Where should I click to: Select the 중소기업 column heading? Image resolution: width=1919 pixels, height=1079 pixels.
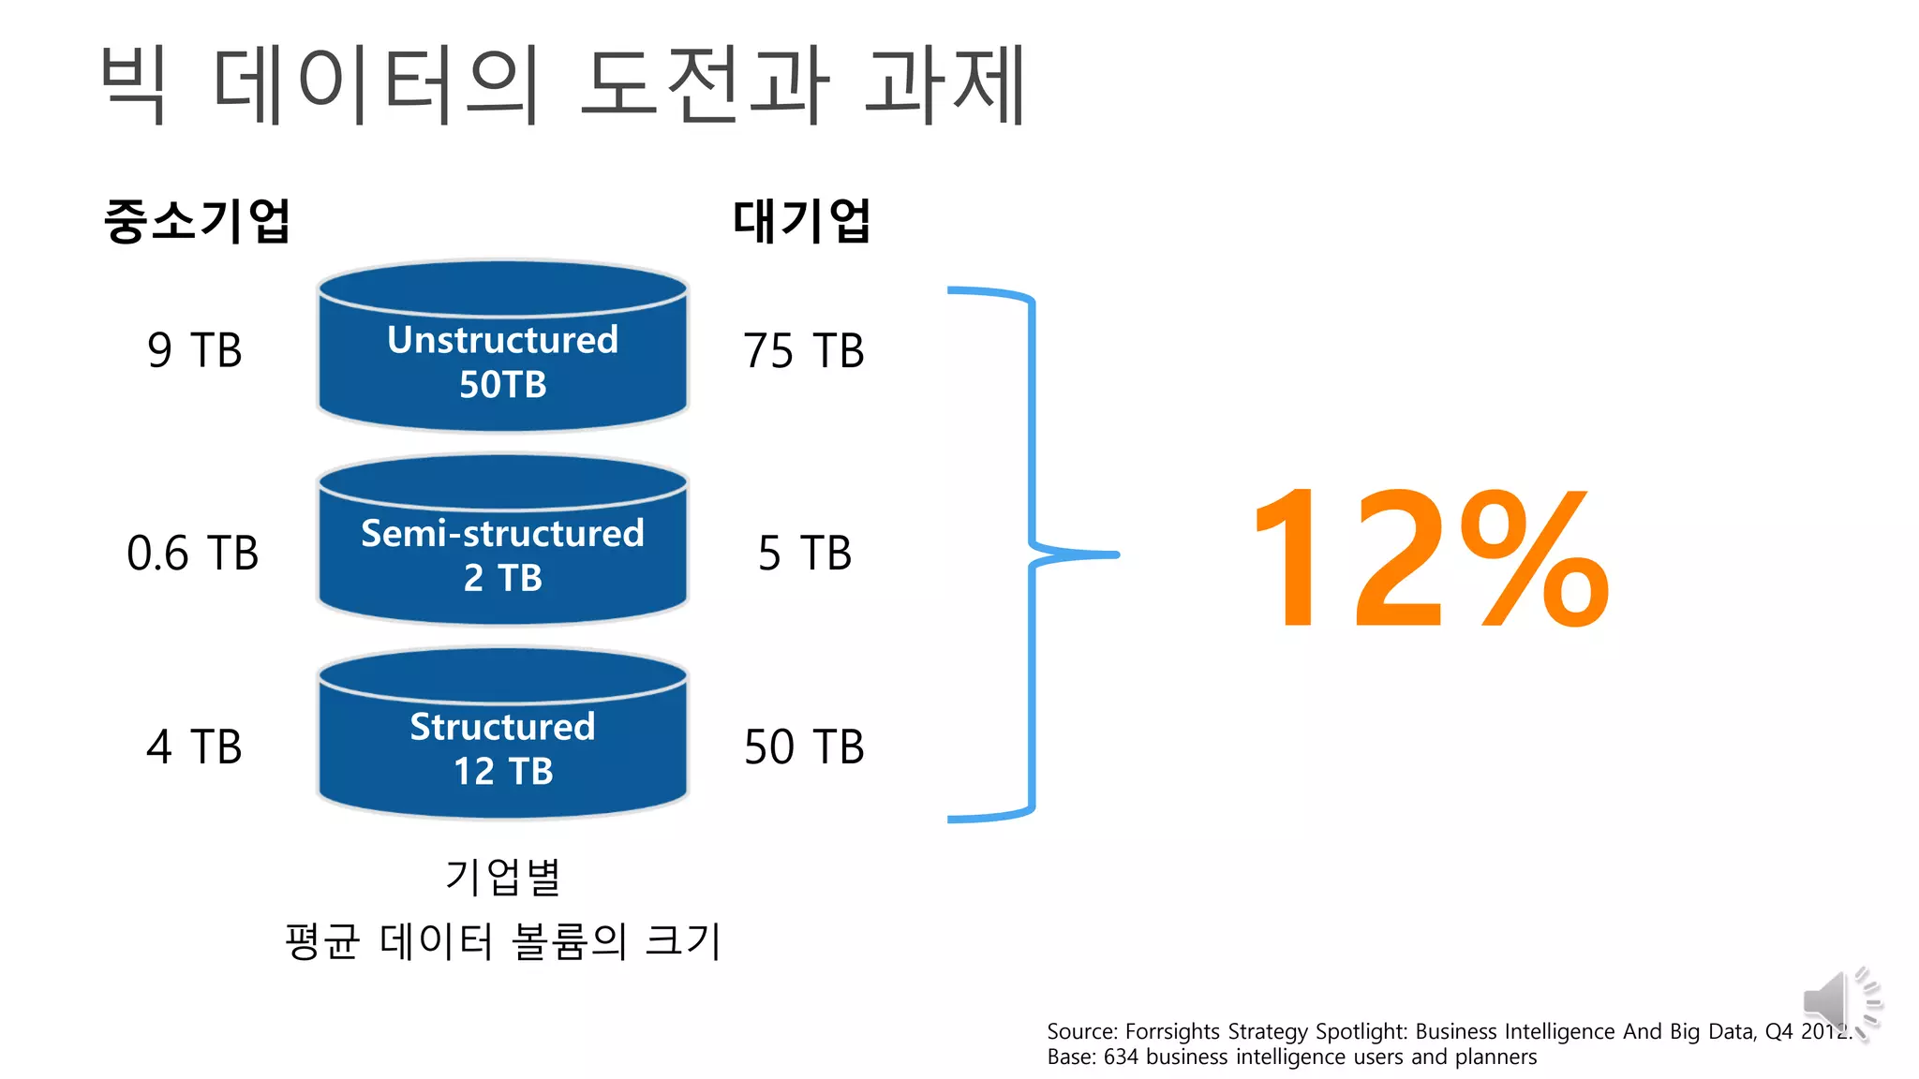[197, 221]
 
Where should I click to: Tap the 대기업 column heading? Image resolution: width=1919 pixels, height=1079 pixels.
[802, 221]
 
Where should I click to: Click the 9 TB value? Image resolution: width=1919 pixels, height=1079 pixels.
[195, 350]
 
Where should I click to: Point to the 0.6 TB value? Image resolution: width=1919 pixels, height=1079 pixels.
[192, 553]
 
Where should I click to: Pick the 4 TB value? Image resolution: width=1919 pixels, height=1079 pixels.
[195, 746]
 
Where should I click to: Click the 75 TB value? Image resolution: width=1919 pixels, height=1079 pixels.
[803, 350]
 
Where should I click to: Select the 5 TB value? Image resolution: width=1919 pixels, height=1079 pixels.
[805, 553]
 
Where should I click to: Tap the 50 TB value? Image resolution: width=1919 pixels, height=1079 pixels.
[803, 746]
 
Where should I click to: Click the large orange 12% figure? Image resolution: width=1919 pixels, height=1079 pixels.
[1430, 559]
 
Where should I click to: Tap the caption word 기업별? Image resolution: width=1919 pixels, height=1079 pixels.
[503, 877]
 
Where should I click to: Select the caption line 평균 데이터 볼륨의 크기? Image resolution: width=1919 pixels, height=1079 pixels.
[503, 940]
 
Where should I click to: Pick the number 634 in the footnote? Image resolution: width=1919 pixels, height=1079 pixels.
[1121, 1057]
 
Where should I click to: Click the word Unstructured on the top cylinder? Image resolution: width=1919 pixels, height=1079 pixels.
[503, 340]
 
